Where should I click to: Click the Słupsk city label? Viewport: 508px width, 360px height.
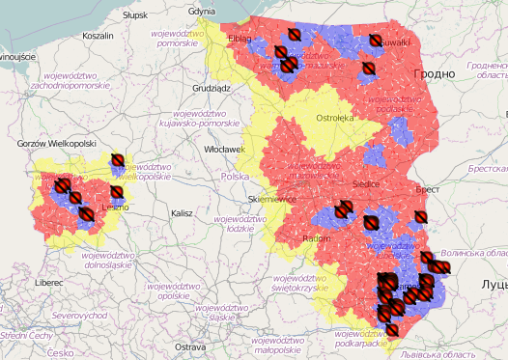pos(135,15)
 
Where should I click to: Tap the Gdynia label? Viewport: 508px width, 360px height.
pos(202,11)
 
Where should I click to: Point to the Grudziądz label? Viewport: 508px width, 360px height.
pos(212,87)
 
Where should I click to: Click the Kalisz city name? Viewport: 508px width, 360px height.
pos(183,212)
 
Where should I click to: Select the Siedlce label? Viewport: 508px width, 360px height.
pos(367,183)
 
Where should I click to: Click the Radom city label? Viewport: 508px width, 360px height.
pos(317,238)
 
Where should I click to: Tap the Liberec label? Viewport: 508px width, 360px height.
pos(48,283)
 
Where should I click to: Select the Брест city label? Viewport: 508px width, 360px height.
pos(427,191)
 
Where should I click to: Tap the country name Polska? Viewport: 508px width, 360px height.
pos(235,178)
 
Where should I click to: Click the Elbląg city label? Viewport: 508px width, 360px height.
pos(238,40)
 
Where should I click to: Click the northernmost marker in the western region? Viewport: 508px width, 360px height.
pos(118,159)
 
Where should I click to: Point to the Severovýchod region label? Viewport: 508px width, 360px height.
pos(79,315)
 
